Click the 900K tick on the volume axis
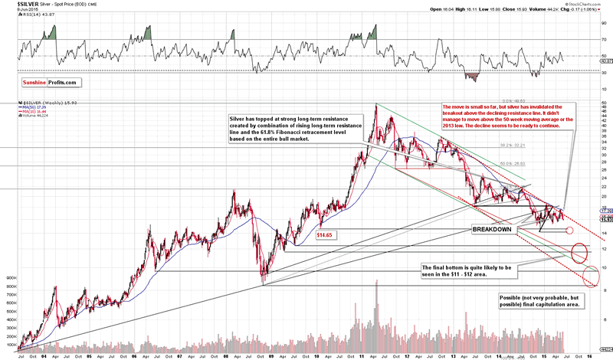11,278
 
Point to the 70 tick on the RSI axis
605,39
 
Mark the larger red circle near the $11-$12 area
579,250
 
